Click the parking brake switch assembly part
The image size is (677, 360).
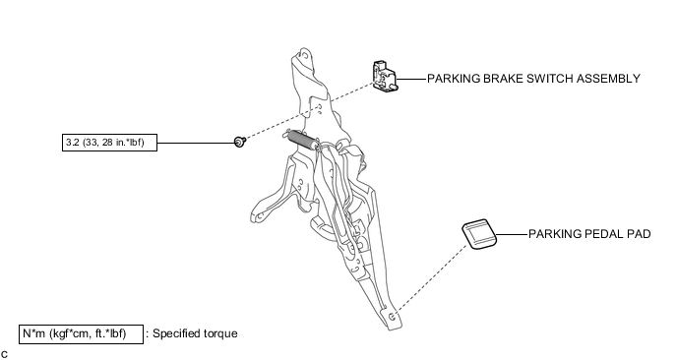point(385,77)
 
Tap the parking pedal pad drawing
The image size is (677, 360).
point(479,234)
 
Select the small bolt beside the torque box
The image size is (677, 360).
point(240,142)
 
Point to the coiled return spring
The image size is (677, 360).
point(302,140)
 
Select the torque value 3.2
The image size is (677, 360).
point(73,142)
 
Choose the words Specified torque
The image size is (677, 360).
point(195,333)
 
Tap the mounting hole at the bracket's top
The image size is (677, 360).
point(305,55)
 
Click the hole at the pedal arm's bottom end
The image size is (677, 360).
point(392,318)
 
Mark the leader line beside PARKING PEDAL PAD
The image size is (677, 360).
point(512,234)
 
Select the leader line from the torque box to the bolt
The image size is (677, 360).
point(196,143)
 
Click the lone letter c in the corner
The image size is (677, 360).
point(4,354)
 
